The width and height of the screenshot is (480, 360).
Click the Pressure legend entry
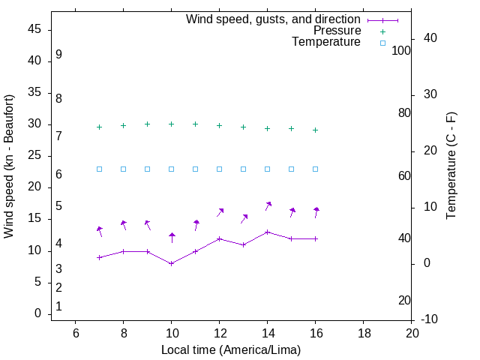[x=337, y=31]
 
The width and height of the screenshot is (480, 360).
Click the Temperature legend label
[x=326, y=42]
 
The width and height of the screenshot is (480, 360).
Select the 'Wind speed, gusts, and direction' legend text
[x=274, y=19]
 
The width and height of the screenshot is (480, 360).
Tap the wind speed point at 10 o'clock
[x=172, y=263]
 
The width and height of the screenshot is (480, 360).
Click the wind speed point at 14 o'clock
[x=268, y=232]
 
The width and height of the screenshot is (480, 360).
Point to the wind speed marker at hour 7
[x=100, y=257]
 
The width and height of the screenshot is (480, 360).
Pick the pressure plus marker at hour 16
[x=316, y=130]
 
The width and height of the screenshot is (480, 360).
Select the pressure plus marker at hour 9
[x=148, y=124]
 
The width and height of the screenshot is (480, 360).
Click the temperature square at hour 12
[x=220, y=169]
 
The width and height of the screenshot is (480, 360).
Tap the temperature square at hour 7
[x=100, y=169]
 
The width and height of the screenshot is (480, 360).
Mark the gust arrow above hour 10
[x=172, y=237]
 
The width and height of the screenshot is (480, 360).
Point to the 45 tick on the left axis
[x=36, y=29]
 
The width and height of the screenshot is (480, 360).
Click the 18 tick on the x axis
[x=364, y=333]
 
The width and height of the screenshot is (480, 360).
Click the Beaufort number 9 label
[x=58, y=55]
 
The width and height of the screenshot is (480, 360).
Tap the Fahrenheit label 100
[x=401, y=50]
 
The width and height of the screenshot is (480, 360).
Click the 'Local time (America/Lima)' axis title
[x=231, y=349]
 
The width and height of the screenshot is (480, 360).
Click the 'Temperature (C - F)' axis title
[x=451, y=166]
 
